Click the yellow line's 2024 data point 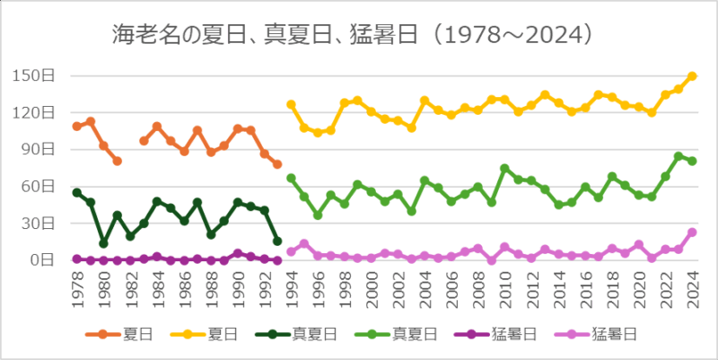[692, 76]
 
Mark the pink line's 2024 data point [692, 232]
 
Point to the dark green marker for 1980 [104, 243]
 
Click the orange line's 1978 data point [77, 127]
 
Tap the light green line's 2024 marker [692, 161]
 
